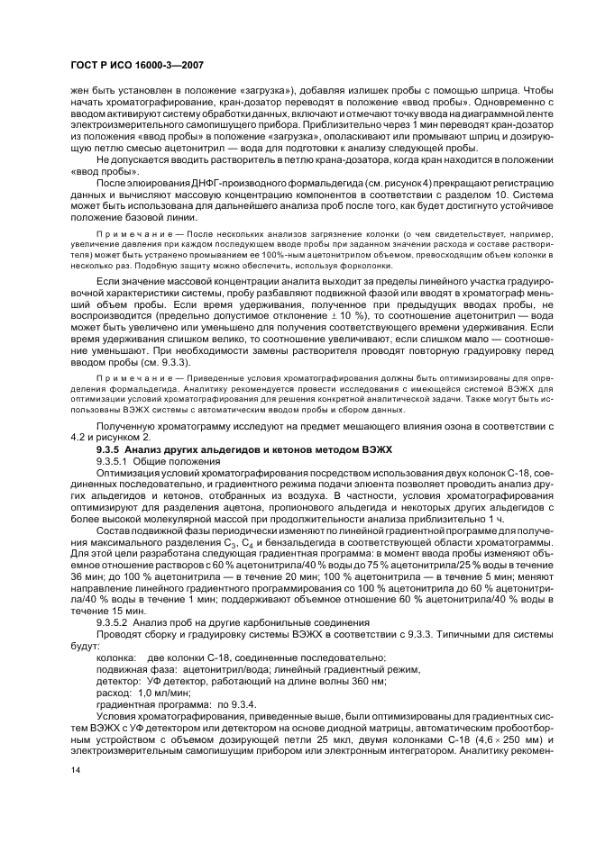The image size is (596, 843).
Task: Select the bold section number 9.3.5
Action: [x=111, y=448]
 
